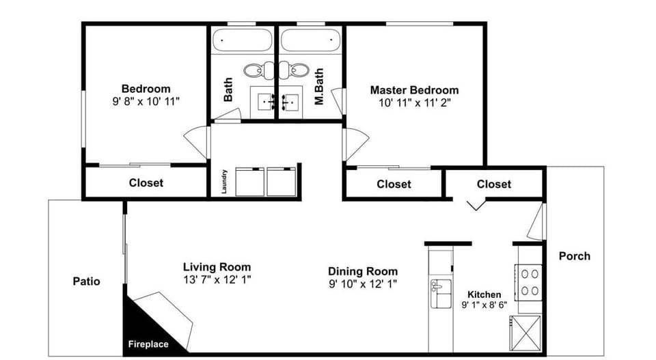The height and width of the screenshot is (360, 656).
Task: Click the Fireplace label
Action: pos(148,344)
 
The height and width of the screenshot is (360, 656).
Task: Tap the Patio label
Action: pos(87,281)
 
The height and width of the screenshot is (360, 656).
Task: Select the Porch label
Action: pos(574,256)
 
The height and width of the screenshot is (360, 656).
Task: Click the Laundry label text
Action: pos(224,182)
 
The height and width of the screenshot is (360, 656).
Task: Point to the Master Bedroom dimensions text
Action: pos(414,103)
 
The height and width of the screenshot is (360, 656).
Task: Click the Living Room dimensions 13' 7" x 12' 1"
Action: pos(217,279)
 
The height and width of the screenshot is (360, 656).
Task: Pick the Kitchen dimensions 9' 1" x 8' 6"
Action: pos(484,305)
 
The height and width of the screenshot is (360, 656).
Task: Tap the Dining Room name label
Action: pos(362,271)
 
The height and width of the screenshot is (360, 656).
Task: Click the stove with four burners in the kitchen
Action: pos(530,281)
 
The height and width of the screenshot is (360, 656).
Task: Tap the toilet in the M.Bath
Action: pos(298,70)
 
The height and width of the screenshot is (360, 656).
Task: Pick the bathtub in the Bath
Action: pos(242,40)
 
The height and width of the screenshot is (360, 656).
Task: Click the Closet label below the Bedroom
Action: pos(146,183)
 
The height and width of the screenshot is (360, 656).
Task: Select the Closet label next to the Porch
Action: pos(493,184)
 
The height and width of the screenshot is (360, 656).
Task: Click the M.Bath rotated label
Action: pos(318,86)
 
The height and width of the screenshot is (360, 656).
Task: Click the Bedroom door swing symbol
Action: pos(197,142)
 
